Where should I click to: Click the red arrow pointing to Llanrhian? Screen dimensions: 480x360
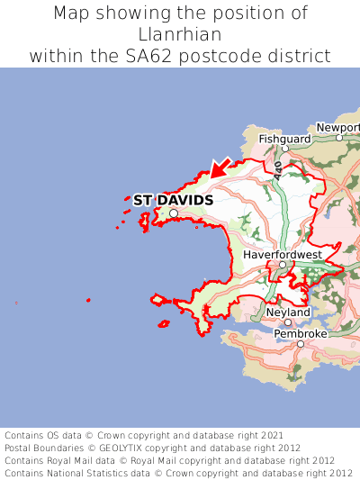219,167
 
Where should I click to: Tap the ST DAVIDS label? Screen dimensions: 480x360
173,200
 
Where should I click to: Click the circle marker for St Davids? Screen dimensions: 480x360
174,213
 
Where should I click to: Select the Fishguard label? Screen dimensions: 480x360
284,140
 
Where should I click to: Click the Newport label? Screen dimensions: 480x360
337,128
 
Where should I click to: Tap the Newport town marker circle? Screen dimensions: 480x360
339,138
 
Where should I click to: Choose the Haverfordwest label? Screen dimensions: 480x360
282,255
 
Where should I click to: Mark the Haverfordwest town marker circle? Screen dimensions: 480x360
282,265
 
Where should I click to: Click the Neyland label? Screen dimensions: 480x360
288,312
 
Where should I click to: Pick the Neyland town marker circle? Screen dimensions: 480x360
288,322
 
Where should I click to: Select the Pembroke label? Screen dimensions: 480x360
301,333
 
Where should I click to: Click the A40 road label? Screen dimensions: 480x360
279,168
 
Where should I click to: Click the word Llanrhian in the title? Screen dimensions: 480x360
180,34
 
